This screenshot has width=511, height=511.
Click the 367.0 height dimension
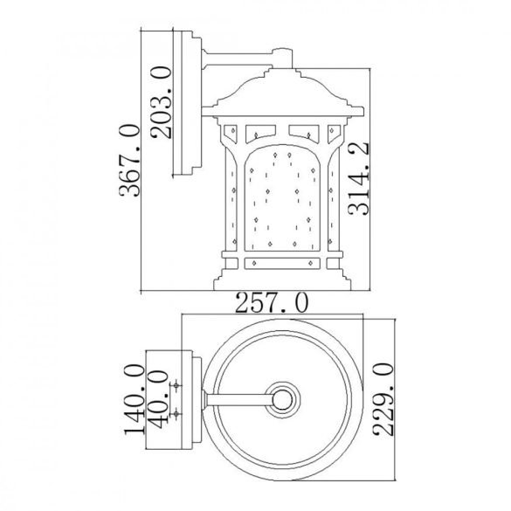click(129, 161)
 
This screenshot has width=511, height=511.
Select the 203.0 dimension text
click(162, 102)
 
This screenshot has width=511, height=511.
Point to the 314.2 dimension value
click(359, 178)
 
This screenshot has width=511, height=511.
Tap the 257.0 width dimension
click(271, 303)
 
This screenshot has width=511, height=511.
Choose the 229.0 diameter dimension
click(383, 399)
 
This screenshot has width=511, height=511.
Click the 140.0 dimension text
click(135, 399)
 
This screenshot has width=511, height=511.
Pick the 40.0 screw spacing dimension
click(158, 399)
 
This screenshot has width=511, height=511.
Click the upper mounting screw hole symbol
click(176, 386)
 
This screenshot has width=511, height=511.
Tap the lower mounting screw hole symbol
click(176, 414)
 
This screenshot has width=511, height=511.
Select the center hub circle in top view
click(282, 399)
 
